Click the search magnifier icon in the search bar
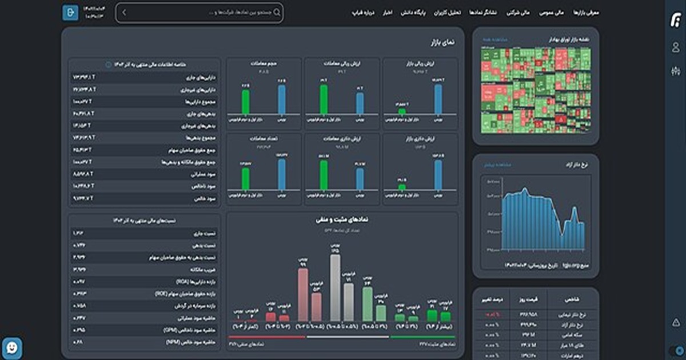(x=277, y=12)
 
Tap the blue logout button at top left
(x=70, y=12)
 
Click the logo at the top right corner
(x=676, y=21)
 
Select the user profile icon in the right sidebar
(x=676, y=47)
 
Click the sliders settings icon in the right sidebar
(x=676, y=71)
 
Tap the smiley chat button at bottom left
(x=12, y=347)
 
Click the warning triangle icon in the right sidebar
(x=676, y=323)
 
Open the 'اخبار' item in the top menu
(x=388, y=12)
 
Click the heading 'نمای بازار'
(x=444, y=42)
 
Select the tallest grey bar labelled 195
(x=335, y=287)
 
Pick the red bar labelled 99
(x=303, y=294)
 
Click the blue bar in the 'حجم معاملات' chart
(x=281, y=99)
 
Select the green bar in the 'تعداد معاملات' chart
(x=246, y=178)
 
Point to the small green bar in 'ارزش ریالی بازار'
(x=402, y=110)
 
